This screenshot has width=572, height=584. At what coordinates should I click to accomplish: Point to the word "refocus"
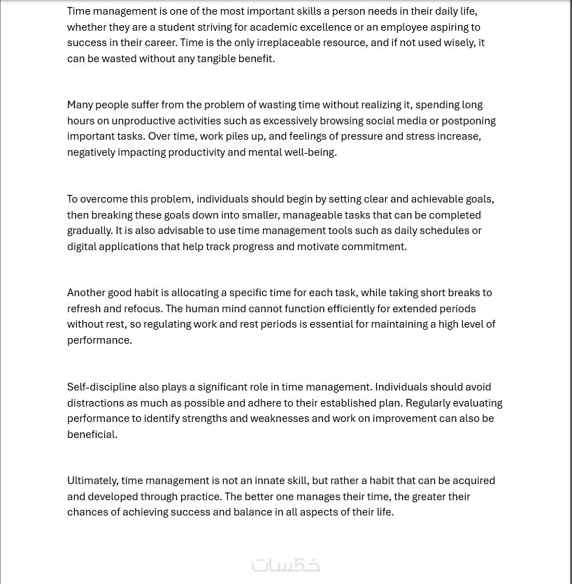click(143, 309)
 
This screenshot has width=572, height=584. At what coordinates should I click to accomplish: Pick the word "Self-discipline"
click(101, 387)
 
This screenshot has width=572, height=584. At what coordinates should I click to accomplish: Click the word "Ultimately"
click(92, 481)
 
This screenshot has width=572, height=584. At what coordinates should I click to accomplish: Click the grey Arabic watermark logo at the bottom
click(285, 564)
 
